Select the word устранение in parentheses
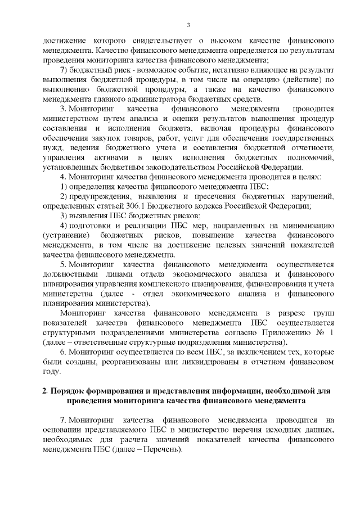(x=67, y=233)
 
